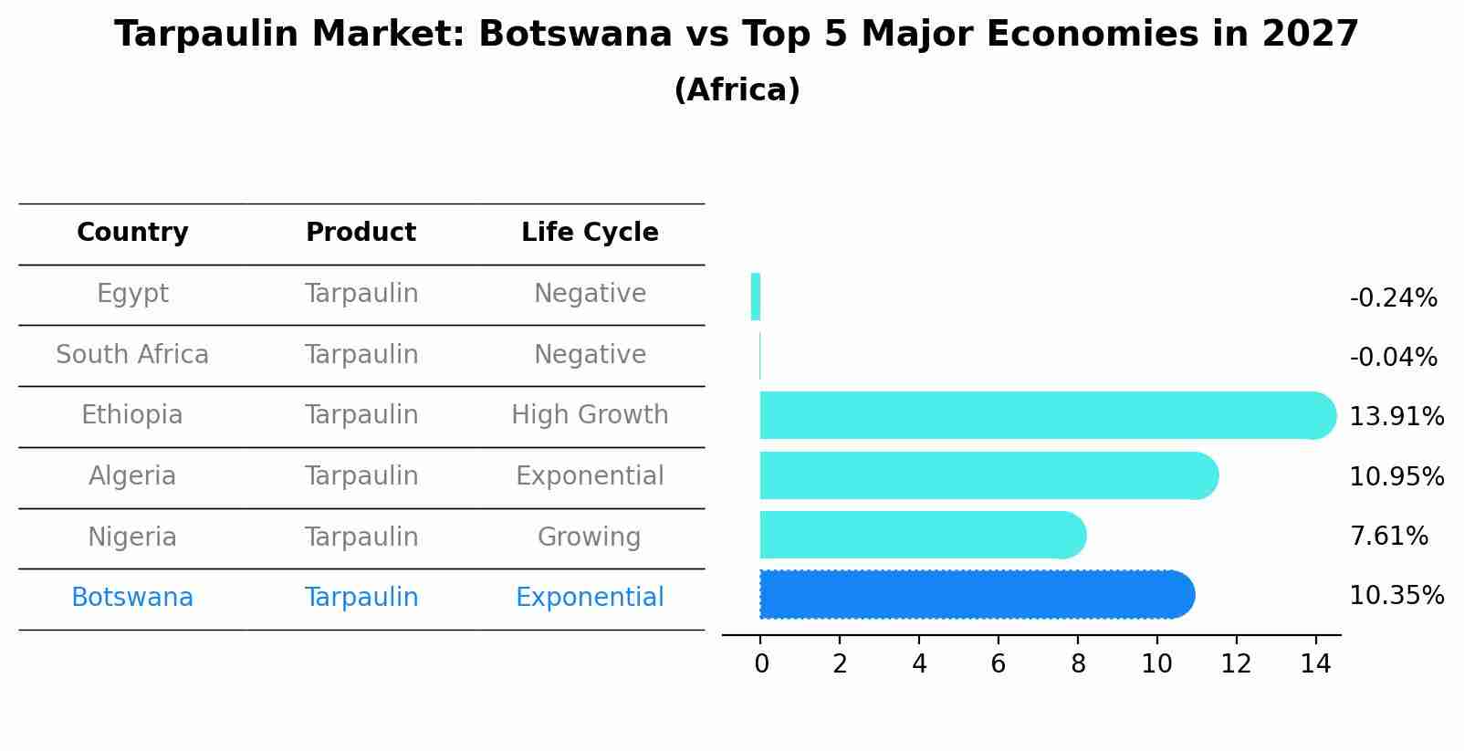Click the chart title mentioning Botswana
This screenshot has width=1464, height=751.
[x=736, y=35]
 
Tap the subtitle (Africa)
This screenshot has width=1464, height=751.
[x=736, y=90]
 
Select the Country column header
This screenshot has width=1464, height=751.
[x=132, y=233]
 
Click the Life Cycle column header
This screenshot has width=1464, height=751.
[x=590, y=233]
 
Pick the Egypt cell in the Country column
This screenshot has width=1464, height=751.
[x=132, y=294]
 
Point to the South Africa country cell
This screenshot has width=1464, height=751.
[x=132, y=355]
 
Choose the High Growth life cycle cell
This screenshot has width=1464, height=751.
[x=590, y=415]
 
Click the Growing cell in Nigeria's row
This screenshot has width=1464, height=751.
[x=590, y=537]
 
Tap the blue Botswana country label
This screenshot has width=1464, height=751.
[x=132, y=598]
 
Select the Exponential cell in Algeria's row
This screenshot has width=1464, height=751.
[x=590, y=476]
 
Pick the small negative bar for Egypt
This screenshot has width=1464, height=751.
[x=756, y=297]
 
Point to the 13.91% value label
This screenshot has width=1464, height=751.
[x=1396, y=417]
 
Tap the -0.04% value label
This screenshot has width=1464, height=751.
[x=1393, y=358]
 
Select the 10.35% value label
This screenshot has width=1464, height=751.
[x=1396, y=596]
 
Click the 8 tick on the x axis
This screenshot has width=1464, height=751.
[x=1078, y=664]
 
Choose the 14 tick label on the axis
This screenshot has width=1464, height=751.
[x=1315, y=664]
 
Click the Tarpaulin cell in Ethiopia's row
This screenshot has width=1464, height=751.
[x=361, y=415]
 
